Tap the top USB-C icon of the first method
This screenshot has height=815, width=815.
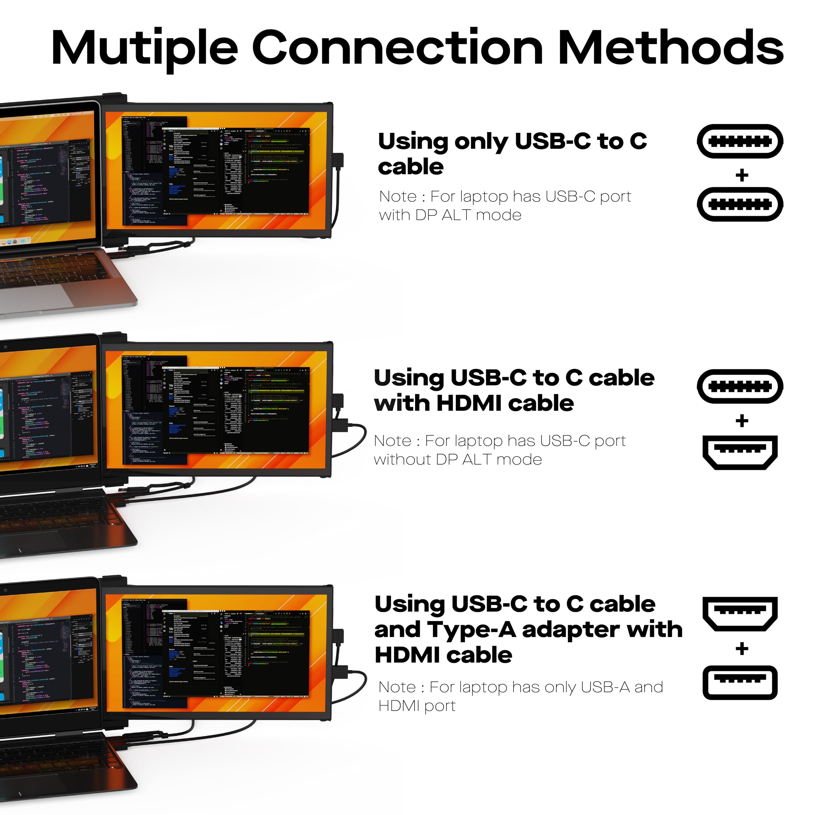(740, 141)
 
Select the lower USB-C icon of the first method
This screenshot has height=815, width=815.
(740, 205)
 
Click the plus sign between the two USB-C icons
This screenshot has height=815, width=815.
(741, 175)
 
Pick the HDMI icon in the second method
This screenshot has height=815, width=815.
(740, 452)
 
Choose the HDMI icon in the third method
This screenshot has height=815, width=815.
(740, 613)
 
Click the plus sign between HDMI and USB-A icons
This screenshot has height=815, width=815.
(741, 648)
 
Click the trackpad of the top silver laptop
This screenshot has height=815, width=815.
(38, 297)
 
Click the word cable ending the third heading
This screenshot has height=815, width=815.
(479, 655)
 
